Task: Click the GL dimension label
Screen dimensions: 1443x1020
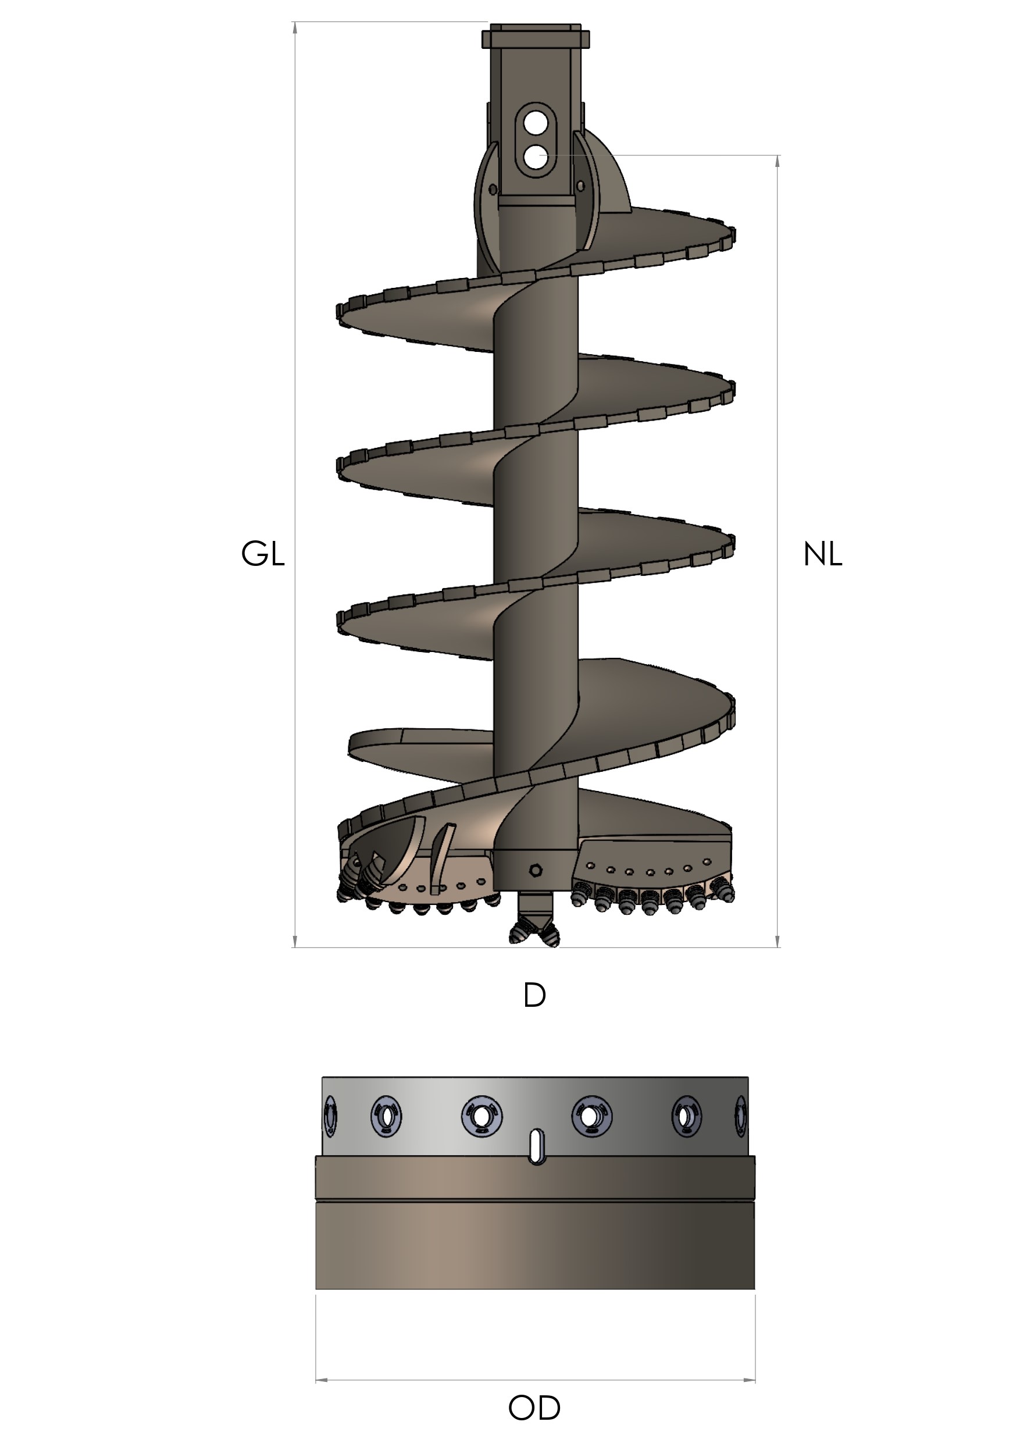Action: (x=263, y=554)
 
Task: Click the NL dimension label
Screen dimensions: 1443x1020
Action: (x=822, y=554)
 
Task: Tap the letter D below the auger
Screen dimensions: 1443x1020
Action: (x=534, y=996)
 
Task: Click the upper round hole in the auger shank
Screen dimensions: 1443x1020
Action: (x=536, y=124)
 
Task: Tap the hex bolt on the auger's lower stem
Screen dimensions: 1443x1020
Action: (x=536, y=870)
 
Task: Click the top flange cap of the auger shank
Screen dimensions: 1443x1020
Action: (x=536, y=37)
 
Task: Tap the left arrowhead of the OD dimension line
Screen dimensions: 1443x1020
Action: (x=320, y=1380)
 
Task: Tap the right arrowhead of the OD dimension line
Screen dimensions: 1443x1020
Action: (x=749, y=1380)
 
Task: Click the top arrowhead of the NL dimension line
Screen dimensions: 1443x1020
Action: (x=778, y=161)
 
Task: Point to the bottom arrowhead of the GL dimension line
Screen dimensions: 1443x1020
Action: (x=295, y=941)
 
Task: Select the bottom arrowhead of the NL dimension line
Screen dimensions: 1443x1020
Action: (x=778, y=941)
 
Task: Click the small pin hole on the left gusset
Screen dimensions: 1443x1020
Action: (x=493, y=189)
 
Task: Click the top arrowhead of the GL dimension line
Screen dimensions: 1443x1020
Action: (x=295, y=28)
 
